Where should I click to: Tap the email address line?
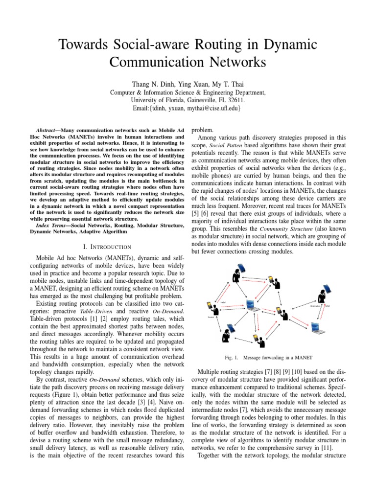188,108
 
